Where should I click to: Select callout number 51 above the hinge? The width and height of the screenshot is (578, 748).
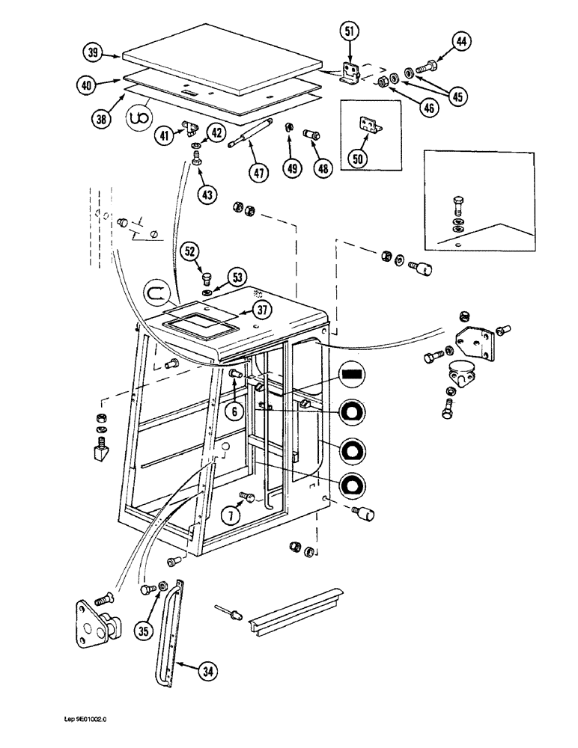(x=350, y=31)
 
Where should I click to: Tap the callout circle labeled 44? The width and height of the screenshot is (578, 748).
(x=461, y=43)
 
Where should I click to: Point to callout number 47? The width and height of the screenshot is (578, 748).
(x=259, y=171)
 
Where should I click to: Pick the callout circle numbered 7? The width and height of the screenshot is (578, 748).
(x=231, y=514)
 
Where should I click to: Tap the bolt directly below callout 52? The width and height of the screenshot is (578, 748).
(x=207, y=278)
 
